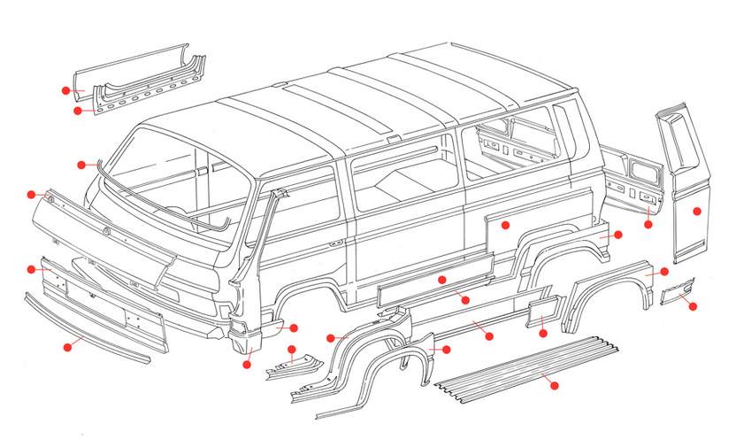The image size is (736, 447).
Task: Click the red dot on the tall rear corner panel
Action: [697, 211]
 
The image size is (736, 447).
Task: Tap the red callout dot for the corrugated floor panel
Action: [555, 385]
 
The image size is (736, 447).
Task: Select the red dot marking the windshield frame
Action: [81, 164]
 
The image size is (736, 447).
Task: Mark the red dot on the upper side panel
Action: [505, 225]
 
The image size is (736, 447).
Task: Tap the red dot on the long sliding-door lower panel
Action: [441, 280]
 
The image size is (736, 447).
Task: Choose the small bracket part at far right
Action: [678, 289]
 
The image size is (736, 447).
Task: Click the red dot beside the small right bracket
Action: [694, 306]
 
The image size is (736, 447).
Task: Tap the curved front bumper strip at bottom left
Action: [88, 328]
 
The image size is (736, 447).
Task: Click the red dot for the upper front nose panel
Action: [31, 194]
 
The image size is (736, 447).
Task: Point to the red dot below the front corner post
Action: [247, 363]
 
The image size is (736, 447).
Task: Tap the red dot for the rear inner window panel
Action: [648, 225]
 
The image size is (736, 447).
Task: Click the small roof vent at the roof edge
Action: [390, 139]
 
